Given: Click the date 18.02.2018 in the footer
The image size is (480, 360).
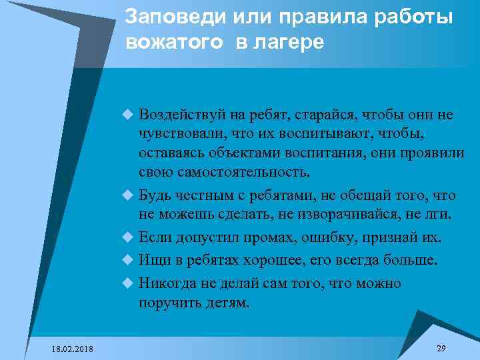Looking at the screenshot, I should click(x=72, y=349).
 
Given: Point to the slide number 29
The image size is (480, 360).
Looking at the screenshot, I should click(x=441, y=349).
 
